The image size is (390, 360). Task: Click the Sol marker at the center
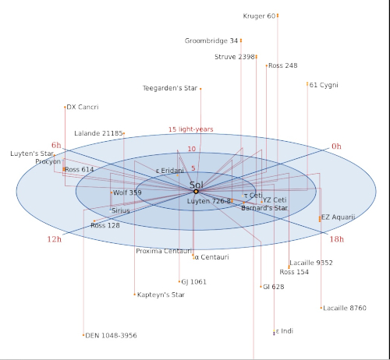[x=196, y=192]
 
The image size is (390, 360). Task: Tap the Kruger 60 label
[x=259, y=16]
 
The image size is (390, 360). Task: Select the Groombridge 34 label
[x=211, y=41]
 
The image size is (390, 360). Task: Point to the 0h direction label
[x=336, y=146]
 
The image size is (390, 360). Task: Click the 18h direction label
[x=337, y=239]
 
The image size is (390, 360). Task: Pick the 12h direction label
[x=55, y=239]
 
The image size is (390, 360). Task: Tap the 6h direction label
[x=56, y=145]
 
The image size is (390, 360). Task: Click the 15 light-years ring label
[x=191, y=129]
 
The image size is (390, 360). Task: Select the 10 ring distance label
[x=192, y=149]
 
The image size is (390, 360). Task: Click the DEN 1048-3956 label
[x=111, y=336]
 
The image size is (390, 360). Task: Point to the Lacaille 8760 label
[x=345, y=308]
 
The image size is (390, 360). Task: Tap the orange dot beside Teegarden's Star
[x=200, y=89]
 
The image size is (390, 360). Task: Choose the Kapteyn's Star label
[x=161, y=295]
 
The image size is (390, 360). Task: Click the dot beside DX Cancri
[x=65, y=107]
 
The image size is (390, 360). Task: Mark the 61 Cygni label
[x=324, y=85]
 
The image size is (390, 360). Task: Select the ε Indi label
[x=285, y=331]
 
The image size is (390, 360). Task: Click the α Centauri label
[x=211, y=257]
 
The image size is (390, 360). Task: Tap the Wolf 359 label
[x=127, y=192]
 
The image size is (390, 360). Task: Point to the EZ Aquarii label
[x=338, y=217]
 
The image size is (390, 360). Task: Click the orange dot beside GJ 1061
[x=179, y=281]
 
